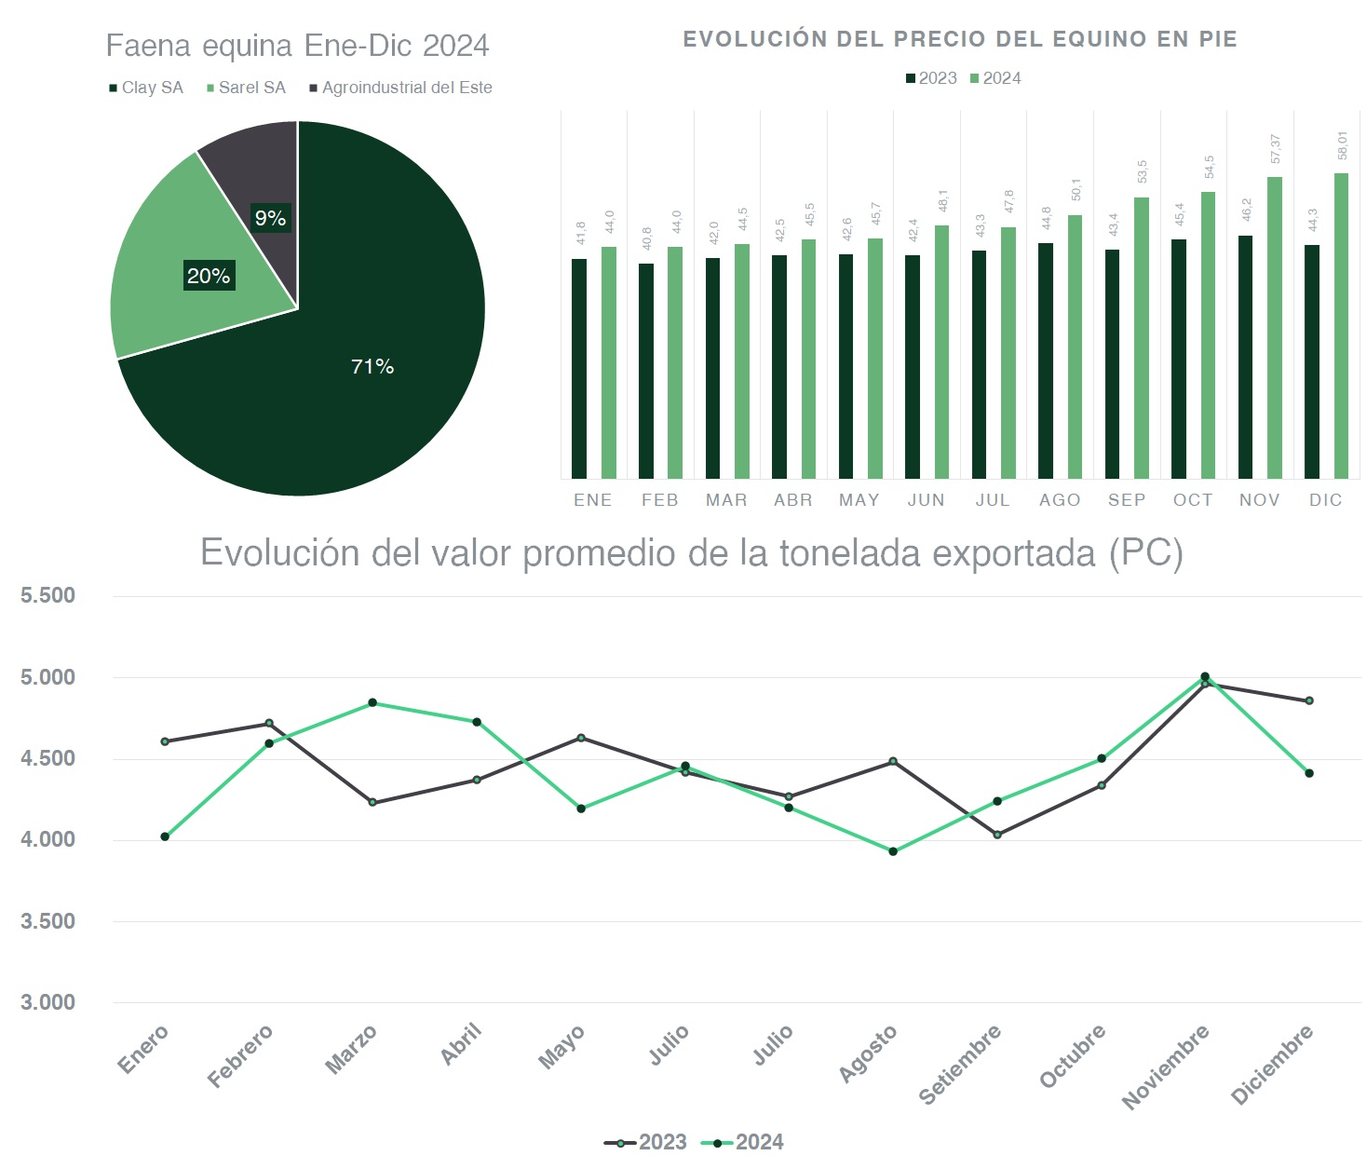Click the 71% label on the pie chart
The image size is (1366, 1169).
[x=372, y=367]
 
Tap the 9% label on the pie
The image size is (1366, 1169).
[x=270, y=218]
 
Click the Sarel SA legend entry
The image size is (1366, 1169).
[x=246, y=88]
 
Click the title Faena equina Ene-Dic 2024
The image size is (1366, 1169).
[x=297, y=46]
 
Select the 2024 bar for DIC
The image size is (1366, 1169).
[x=1341, y=326]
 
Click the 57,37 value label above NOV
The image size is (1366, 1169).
[x=1276, y=149]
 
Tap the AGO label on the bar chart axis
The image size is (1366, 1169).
[x=1060, y=500]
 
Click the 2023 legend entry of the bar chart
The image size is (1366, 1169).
[x=931, y=78]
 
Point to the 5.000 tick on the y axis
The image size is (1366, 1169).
[x=48, y=677]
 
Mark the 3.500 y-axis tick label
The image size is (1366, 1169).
[x=48, y=921]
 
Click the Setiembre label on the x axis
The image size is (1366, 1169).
[x=961, y=1063]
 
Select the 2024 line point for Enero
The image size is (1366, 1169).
[x=165, y=836]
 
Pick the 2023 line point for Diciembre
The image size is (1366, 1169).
[x=1309, y=700]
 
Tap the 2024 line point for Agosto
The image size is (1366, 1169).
[x=893, y=851]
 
